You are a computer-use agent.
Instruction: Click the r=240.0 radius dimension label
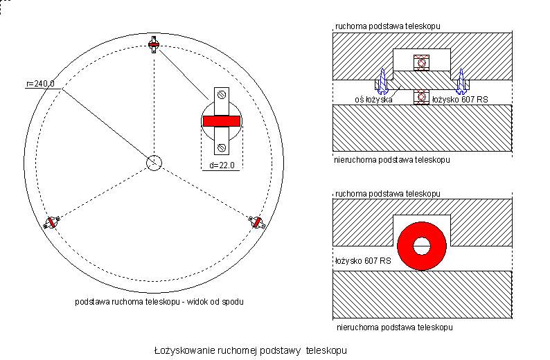tap(39, 84)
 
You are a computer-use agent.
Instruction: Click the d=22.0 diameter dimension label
tap(223, 165)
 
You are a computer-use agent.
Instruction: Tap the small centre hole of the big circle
tap(154, 162)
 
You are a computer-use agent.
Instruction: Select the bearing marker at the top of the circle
tap(154, 46)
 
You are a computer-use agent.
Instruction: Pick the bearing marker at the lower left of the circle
tap(50, 222)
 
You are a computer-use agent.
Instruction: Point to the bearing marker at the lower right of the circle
tap(258, 222)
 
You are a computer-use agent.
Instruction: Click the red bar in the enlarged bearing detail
tap(221, 121)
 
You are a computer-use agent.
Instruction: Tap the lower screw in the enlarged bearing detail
tap(221, 147)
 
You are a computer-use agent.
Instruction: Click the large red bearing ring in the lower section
tap(422, 246)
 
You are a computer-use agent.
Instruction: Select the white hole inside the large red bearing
tap(422, 246)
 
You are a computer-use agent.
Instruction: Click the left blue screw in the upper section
tap(383, 82)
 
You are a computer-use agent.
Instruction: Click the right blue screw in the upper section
tap(461, 82)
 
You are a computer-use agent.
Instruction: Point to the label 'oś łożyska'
tap(373, 100)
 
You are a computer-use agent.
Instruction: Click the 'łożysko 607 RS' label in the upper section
tap(459, 100)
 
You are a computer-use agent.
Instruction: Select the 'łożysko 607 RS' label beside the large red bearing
tap(362, 262)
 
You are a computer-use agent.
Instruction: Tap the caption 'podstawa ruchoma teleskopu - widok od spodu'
tap(159, 302)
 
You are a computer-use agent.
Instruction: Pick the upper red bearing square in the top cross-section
tap(421, 62)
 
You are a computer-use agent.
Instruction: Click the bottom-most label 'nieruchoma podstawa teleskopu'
tap(393, 325)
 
